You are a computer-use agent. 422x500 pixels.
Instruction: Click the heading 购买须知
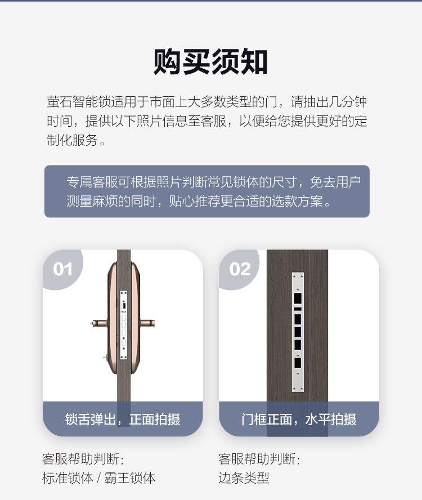tap(210, 62)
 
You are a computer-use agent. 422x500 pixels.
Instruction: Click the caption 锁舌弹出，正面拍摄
tap(123, 419)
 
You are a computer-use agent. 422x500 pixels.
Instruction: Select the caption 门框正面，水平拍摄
tap(299, 419)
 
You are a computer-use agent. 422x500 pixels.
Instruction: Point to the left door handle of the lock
tap(99, 323)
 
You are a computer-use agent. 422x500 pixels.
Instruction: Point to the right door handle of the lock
tap(147, 323)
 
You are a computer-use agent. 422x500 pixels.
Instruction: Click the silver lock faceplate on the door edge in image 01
tap(124, 325)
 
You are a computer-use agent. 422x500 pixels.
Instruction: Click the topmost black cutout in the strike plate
tap(298, 298)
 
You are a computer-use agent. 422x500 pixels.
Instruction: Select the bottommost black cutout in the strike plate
tap(298, 363)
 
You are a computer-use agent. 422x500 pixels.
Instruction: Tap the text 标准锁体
tap(68, 478)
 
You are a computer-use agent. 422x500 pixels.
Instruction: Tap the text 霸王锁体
tap(130, 478)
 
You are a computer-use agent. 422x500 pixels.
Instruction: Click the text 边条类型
tap(244, 478)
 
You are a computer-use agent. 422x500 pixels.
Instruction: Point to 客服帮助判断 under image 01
tap(81, 459)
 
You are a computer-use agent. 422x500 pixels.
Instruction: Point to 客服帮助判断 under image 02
tap(257, 459)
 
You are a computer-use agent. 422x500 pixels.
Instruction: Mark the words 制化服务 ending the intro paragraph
tap(73, 140)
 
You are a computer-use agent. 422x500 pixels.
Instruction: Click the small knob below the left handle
tap(105, 357)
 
